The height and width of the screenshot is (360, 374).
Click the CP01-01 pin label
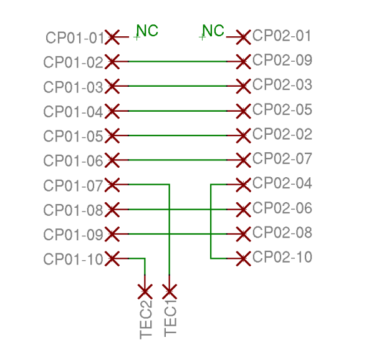75,37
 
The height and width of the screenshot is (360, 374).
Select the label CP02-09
282,60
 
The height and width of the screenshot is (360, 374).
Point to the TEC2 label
146,319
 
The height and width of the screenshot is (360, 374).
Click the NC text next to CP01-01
147,31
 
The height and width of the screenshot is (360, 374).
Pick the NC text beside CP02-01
213,31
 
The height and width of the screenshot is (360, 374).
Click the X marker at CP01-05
112,135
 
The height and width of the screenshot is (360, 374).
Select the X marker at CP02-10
243,258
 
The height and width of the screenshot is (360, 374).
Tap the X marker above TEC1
170,291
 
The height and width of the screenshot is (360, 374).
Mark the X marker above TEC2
145,291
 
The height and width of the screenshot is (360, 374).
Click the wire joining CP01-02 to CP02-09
178,62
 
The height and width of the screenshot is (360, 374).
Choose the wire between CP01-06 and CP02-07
178,160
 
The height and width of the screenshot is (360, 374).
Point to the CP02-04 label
282,183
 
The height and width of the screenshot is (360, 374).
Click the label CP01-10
73,259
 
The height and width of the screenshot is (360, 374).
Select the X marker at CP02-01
243,37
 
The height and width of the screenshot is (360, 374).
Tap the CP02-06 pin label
282,208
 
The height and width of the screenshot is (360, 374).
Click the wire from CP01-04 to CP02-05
178,111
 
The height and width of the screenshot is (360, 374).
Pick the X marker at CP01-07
112,185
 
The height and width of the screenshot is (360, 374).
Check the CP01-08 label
73,210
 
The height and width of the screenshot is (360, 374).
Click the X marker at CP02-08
243,234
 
